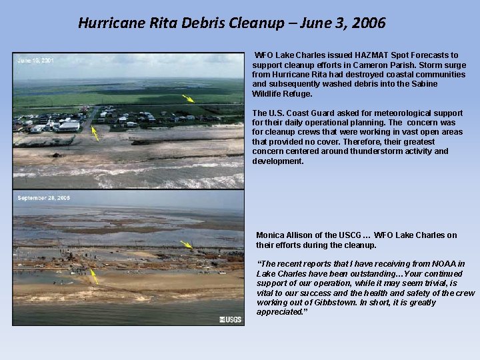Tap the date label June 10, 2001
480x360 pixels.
35,61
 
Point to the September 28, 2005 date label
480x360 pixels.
44,198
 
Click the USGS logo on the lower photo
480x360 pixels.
231,320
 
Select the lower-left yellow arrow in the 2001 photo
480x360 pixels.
95,133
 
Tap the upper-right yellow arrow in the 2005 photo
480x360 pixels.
187,245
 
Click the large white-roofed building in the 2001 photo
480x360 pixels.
69,125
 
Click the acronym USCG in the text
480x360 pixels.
348,235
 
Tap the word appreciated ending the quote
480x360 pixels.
281,312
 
